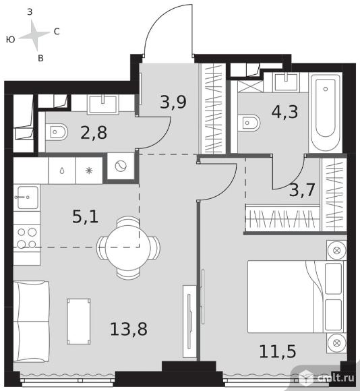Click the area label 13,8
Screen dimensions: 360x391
coord(129,329)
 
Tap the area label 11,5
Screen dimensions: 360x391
coord(278,351)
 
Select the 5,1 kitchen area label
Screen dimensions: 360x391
coord(85,216)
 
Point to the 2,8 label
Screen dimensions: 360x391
coord(94,132)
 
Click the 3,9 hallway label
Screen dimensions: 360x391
coord(173,102)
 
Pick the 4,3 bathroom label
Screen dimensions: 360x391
coord(284,111)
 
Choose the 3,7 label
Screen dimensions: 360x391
coord(302,189)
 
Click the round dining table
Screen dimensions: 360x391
coord(128,247)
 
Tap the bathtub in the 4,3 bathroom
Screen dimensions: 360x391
coord(326,112)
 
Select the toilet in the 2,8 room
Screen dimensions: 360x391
coord(57,132)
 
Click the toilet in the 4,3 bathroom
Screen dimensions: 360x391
coord(249,123)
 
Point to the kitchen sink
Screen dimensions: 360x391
coord(27,198)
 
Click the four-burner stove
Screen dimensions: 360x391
coord(27,239)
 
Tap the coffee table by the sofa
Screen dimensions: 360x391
coord(79,322)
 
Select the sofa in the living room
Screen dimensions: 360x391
coord(31,322)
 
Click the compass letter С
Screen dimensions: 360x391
coord(57,32)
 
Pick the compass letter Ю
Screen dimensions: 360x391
coord(11,39)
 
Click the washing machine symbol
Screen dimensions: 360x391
coord(121,166)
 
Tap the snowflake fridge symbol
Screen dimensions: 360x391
coord(89,171)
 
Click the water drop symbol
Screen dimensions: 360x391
coord(62,171)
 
